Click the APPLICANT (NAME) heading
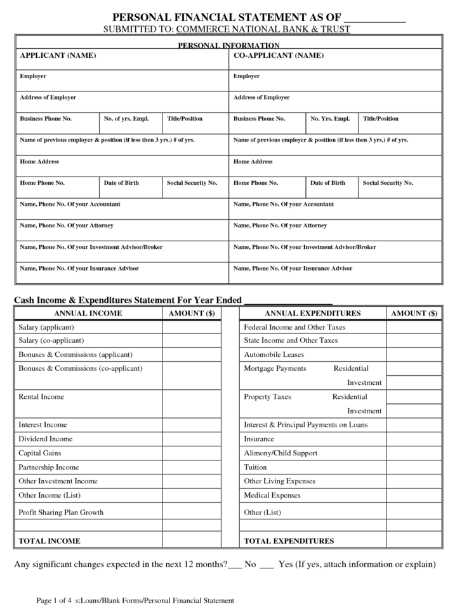(58, 56)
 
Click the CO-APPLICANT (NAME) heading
(278, 56)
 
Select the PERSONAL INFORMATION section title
(228, 45)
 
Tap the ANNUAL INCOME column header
(88, 313)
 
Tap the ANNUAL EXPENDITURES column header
(312, 313)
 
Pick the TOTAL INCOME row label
(50, 541)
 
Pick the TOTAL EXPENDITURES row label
(289, 541)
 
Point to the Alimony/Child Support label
(280, 453)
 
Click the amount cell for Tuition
(414, 467)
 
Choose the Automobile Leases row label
(274, 354)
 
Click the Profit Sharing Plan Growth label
(61, 512)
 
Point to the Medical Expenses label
(272, 495)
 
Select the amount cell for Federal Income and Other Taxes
(414, 327)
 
